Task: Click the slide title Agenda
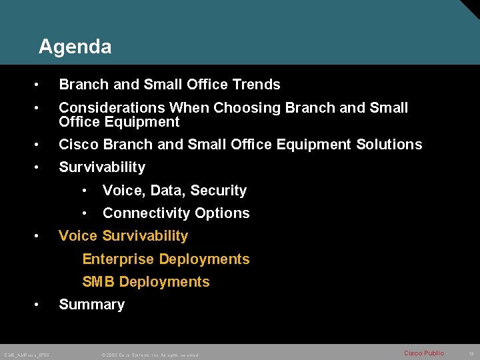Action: [75, 47]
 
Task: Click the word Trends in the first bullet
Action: [256, 85]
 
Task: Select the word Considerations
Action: [111, 107]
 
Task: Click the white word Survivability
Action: [101, 167]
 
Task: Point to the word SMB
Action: [99, 282]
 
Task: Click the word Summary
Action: [91, 305]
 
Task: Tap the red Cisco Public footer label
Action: [423, 353]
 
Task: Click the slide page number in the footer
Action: [471, 353]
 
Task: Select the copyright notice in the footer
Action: [150, 354]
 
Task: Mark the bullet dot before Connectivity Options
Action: [85, 213]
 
